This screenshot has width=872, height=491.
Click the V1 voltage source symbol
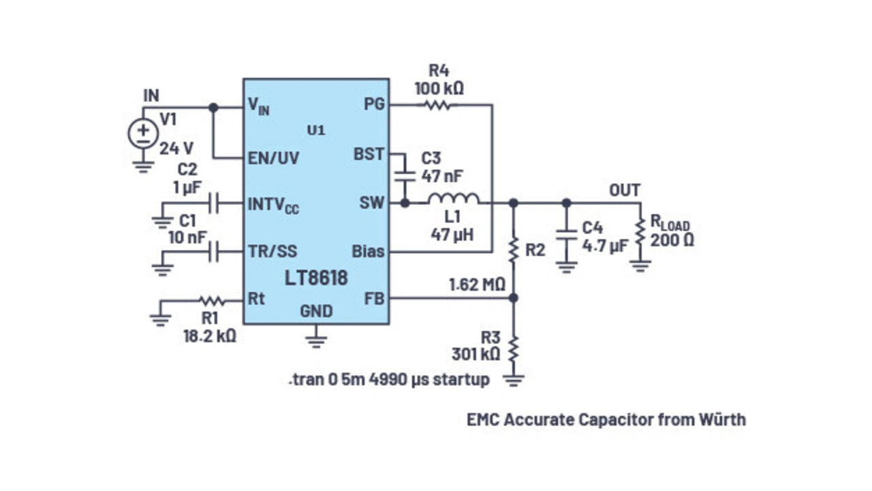click(x=143, y=133)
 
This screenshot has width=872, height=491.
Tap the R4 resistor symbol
click(x=439, y=105)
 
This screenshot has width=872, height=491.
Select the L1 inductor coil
click(x=453, y=200)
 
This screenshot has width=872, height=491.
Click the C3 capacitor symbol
click(x=405, y=175)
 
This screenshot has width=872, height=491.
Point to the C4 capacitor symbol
click(x=565, y=235)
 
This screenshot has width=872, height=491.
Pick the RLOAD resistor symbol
click(x=640, y=232)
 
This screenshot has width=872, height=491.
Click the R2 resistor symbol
click(x=514, y=249)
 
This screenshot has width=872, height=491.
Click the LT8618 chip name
click(x=317, y=278)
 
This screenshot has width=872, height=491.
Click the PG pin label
click(x=374, y=104)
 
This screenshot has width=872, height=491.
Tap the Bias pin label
click(x=368, y=251)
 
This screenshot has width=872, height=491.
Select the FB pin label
click(x=374, y=298)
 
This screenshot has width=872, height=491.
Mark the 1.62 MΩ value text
click(x=476, y=284)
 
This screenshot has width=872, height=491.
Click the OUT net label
click(x=624, y=190)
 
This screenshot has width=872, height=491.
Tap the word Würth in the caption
click(x=721, y=419)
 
